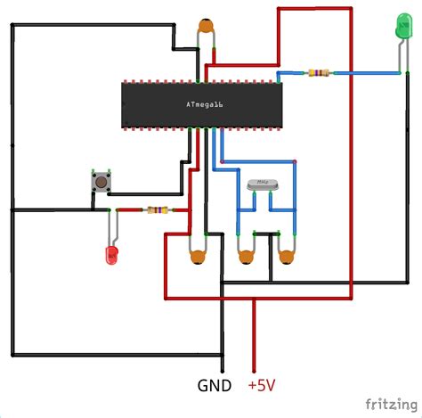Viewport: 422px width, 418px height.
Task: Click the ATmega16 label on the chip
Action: (x=204, y=105)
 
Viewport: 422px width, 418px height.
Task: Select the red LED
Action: (x=111, y=255)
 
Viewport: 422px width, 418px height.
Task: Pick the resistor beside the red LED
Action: (x=158, y=211)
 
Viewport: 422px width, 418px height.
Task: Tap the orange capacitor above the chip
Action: (x=207, y=27)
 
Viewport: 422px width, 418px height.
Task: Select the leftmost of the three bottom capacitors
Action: (x=197, y=258)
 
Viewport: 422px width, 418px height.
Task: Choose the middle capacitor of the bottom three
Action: (x=243, y=258)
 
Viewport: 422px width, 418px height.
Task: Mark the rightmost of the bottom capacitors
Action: (x=286, y=258)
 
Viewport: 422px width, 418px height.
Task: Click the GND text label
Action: (x=215, y=386)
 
